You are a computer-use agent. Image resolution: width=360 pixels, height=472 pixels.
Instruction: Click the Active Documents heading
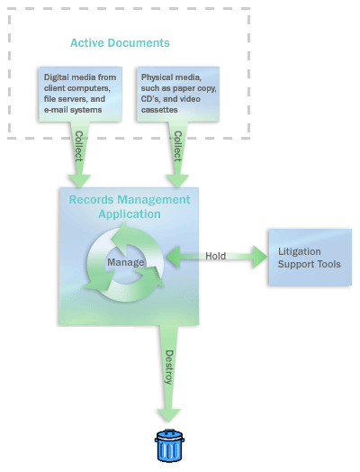tap(120, 43)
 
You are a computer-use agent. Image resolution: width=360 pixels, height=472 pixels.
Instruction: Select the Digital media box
tap(78, 94)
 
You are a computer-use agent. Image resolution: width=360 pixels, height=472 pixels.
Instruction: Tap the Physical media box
tap(176, 94)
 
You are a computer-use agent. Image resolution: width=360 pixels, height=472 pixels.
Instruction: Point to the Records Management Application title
tap(129, 206)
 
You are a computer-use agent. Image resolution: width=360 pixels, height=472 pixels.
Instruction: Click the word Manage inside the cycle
tap(125, 262)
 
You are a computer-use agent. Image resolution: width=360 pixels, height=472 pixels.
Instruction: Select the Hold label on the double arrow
tap(215, 256)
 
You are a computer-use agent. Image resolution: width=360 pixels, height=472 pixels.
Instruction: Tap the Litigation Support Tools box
tap(306, 258)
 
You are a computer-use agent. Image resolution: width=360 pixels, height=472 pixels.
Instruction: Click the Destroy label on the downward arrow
tap(168, 366)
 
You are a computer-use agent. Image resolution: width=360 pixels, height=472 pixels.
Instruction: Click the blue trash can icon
tap(168, 447)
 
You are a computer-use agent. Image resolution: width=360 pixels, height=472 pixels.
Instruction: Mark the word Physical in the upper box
tap(159, 77)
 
